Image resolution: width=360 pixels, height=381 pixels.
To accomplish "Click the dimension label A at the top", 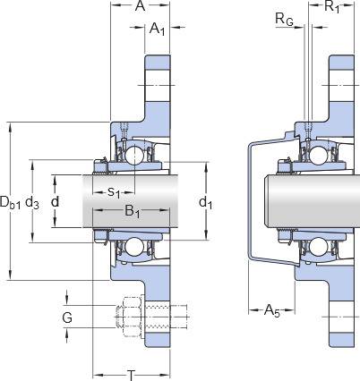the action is pos(140,5).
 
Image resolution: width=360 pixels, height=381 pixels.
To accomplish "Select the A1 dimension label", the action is pos(158,30).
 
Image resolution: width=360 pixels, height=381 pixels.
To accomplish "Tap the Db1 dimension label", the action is pos(10,202).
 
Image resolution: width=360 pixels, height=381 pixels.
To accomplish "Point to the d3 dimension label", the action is pos(32,202).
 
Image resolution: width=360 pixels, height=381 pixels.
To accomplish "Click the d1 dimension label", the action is pos(206,202).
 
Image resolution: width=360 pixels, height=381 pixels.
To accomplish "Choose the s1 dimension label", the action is pos(114,191).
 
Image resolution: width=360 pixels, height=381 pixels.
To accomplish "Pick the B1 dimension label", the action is pos(133,211).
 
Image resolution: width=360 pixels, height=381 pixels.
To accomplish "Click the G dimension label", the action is pos(67,317).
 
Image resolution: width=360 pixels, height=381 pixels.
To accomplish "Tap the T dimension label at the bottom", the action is pos(131,375).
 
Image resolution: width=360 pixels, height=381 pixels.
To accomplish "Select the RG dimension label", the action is pos(284,20).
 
